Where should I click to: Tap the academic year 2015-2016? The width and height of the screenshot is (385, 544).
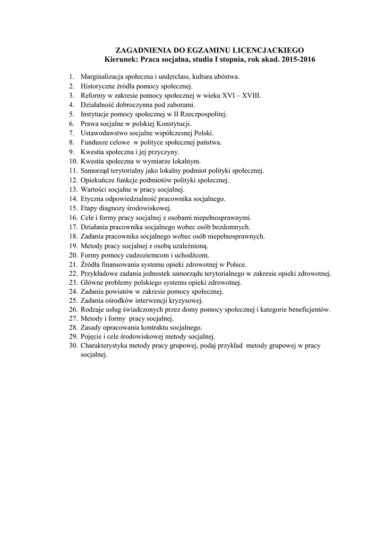click(x=300, y=59)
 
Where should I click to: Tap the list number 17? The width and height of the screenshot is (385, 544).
click(x=73, y=227)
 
